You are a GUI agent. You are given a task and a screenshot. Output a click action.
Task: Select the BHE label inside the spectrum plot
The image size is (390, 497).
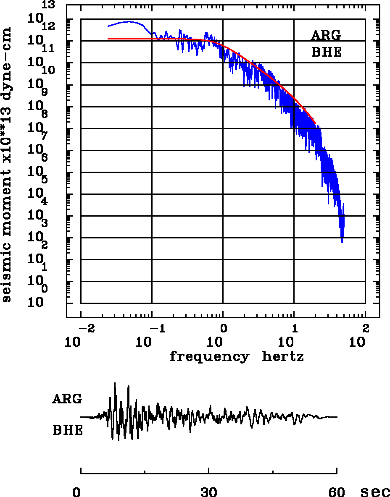(x=326, y=52)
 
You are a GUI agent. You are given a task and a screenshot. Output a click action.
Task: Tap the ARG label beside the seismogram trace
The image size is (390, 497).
(x=67, y=399)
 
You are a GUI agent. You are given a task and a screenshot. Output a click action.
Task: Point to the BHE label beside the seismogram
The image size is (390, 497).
(x=68, y=431)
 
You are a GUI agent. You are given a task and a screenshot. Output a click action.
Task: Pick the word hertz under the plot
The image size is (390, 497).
(x=283, y=357)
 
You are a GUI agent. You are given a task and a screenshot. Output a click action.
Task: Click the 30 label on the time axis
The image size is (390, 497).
(x=209, y=492)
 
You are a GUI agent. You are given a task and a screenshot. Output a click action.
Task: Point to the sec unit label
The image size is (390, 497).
(x=375, y=492)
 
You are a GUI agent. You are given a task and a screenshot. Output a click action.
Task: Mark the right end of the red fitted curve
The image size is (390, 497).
(x=315, y=123)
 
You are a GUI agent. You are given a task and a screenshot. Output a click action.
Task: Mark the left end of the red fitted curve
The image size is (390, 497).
(x=108, y=39)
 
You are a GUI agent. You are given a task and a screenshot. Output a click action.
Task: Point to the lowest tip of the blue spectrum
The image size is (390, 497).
(x=342, y=242)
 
